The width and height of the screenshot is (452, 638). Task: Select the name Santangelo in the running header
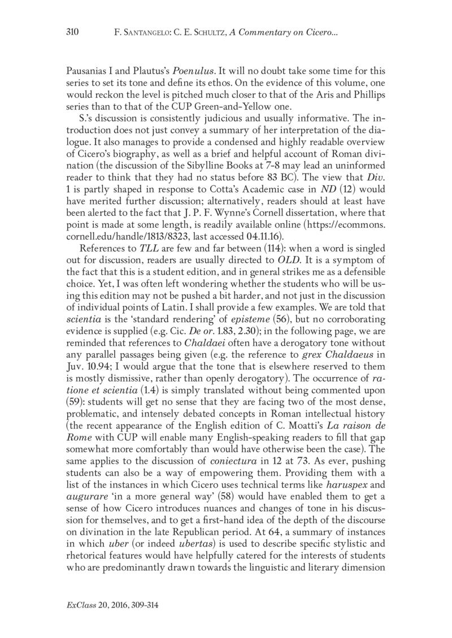pyautogui.click(x=146, y=32)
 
